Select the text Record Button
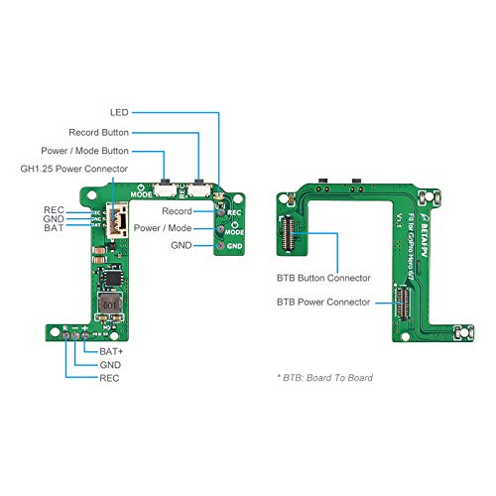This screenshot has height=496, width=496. tap(98, 132)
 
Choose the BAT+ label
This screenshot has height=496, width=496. tap(111, 351)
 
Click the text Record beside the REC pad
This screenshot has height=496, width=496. tap(178, 211)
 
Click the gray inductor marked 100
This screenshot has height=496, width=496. tap(109, 306)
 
